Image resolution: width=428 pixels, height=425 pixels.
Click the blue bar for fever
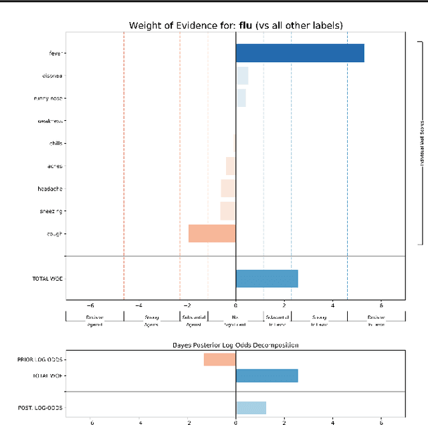pos(300,53)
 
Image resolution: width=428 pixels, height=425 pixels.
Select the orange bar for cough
pos(212,233)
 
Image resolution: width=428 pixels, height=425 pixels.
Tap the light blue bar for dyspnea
pos(242,76)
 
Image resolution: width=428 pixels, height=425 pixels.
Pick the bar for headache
pos(228,188)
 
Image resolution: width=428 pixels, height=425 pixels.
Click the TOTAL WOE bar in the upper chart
pos(267,279)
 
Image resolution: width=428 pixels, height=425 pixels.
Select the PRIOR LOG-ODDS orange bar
pos(219,360)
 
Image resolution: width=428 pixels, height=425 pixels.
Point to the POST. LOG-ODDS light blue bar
pos(251,408)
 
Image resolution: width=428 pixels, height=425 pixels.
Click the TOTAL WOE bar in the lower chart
pos(267,376)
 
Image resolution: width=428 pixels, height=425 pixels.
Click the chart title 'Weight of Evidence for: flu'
pos(235,25)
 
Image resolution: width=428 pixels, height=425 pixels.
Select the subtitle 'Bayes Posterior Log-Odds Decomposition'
pos(235,345)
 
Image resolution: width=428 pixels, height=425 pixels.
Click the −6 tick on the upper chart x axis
pos(90,305)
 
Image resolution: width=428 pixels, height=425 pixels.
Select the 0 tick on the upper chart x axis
pos(235,305)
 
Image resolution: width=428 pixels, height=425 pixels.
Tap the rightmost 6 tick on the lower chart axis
pos(381,422)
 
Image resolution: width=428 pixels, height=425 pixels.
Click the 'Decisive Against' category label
pos(94,321)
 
